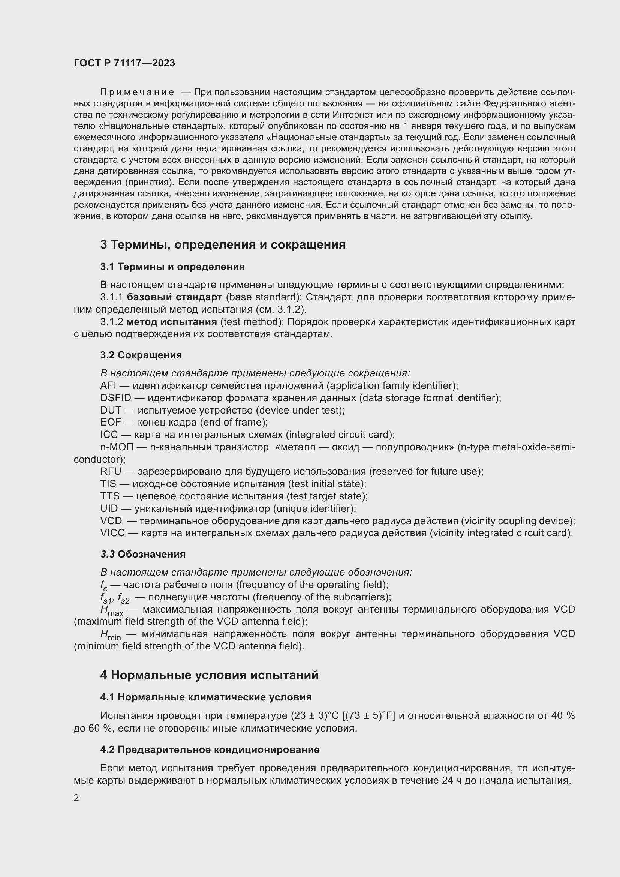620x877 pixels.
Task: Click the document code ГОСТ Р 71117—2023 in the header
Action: (124, 63)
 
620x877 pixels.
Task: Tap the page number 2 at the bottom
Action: (76, 798)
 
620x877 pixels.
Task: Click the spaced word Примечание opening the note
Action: (137, 93)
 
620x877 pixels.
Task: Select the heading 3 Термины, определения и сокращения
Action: (223, 245)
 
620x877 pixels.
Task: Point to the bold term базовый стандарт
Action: (174, 297)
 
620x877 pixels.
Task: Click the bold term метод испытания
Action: (171, 322)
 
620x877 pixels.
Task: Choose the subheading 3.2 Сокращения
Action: (141, 355)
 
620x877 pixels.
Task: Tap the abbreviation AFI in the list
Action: (108, 385)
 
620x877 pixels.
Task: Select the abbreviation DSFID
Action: (115, 398)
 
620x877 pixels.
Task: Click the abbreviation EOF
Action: (110, 423)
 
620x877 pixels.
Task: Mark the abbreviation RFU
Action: (110, 472)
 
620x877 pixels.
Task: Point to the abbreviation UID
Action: (109, 509)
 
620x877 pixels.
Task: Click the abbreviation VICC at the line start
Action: (112, 533)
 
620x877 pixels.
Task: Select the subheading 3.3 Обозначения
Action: (143, 554)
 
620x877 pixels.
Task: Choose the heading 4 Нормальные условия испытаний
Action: (209, 675)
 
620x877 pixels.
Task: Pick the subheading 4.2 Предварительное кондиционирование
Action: (210, 750)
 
